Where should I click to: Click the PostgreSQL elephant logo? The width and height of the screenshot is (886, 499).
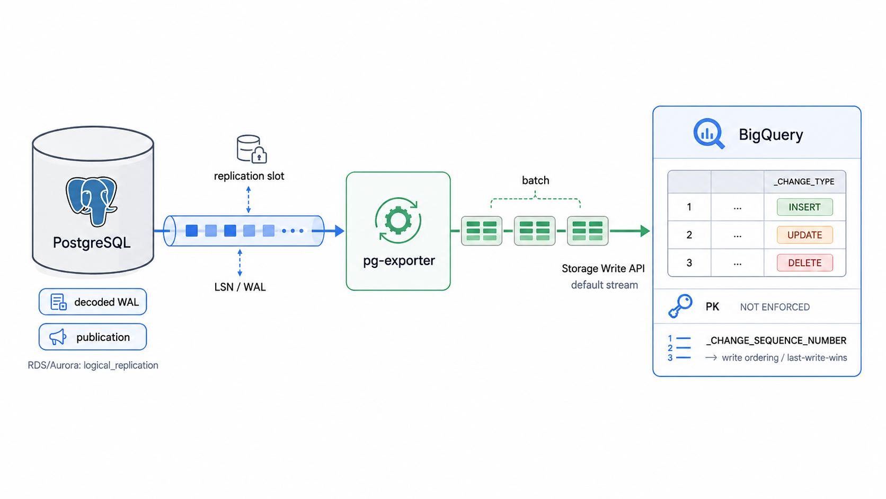point(92,201)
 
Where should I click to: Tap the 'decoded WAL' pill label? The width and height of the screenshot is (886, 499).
point(93,302)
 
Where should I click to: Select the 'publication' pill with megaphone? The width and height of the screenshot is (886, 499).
point(93,337)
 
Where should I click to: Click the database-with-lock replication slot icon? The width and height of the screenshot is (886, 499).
point(252,149)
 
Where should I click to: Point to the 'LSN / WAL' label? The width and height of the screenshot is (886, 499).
point(240,287)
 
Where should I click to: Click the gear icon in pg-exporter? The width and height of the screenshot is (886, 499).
point(398,221)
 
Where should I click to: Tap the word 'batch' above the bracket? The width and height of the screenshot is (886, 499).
point(536,180)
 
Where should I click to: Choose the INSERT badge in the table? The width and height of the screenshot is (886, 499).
point(804,207)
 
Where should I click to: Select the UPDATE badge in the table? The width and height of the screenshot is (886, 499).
point(804,235)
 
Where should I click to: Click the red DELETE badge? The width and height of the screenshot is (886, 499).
point(804,262)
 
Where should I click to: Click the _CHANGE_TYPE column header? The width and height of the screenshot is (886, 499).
point(804,182)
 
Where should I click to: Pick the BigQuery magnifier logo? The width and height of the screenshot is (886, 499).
point(709,134)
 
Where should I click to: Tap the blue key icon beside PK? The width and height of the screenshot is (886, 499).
point(680,306)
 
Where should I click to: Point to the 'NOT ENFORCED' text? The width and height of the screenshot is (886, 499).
point(775,307)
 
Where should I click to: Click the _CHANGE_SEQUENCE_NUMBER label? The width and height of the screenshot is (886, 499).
point(776,340)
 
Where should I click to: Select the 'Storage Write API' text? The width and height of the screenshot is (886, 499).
point(603,269)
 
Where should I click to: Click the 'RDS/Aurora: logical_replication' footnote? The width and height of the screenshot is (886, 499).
point(93,365)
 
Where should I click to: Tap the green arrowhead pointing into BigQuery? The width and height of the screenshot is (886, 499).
point(645,231)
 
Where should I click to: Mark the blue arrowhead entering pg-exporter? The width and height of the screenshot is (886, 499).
point(339,231)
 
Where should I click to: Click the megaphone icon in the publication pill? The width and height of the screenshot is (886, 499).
point(58,337)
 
